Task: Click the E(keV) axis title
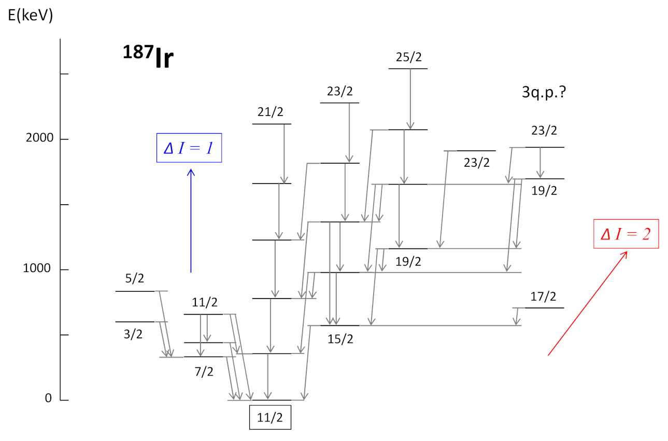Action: pyautogui.click(x=30, y=16)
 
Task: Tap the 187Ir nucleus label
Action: pyautogui.click(x=147, y=58)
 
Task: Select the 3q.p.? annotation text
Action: pyautogui.click(x=543, y=93)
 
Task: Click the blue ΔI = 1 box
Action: pyautogui.click(x=189, y=148)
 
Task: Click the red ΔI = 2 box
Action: pyautogui.click(x=626, y=234)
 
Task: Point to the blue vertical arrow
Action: pyautogui.click(x=191, y=220)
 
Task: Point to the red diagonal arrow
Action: pyautogui.click(x=588, y=303)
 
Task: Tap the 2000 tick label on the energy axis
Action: pyautogui.click(x=40, y=139)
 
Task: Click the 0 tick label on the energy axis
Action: pyautogui.click(x=48, y=399)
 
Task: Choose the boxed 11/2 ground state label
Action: pyautogui.click(x=270, y=417)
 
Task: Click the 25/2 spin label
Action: pyautogui.click(x=409, y=58)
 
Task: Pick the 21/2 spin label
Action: pyautogui.click(x=271, y=112)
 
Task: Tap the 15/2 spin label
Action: pyautogui.click(x=340, y=339)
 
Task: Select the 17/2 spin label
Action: pyautogui.click(x=543, y=296)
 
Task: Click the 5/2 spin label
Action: pyautogui.click(x=134, y=279)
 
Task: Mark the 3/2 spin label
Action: pyautogui.click(x=133, y=334)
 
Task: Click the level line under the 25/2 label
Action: pyautogui.click(x=408, y=68)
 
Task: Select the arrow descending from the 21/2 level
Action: pyautogui.click(x=284, y=153)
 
